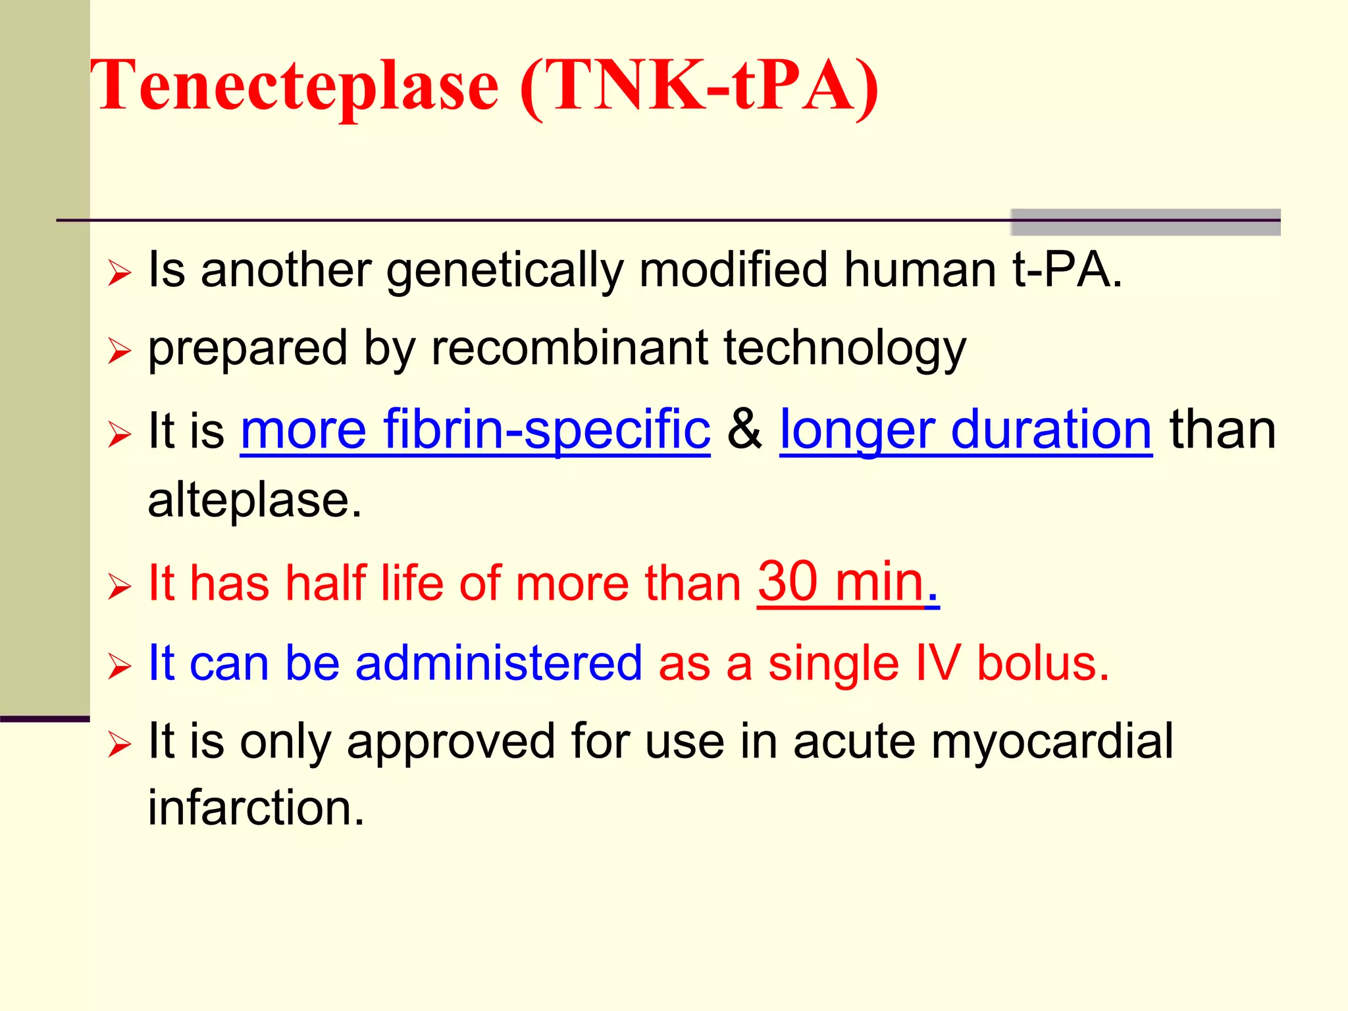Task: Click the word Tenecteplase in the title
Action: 294,86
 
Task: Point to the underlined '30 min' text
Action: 841,582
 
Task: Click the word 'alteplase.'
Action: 255,500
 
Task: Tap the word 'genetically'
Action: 504,271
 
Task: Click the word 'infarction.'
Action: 256,808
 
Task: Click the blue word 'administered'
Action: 498,663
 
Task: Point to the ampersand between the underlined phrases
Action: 744,430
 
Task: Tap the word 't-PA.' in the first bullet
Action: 1067,271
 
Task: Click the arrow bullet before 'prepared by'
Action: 120,351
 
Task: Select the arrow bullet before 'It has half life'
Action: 120,586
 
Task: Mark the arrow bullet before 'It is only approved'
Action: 120,744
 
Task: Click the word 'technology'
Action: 844,350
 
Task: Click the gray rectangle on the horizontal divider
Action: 1145,222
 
